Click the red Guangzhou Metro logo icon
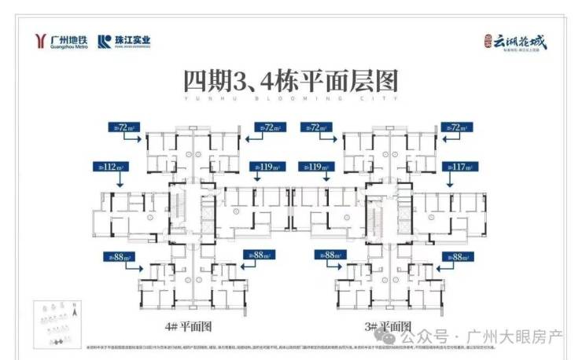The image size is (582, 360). pos(39,41)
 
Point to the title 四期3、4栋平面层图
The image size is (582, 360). pos(290,81)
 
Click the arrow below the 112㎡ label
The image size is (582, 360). pos(118,180)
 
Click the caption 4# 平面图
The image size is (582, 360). pos(190,325)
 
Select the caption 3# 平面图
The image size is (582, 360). pos(387,325)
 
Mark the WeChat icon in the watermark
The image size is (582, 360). pos(407,336)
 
